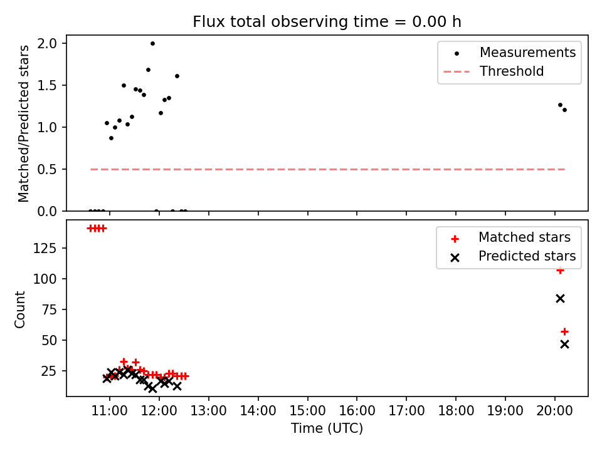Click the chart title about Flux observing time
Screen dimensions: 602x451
[327, 22]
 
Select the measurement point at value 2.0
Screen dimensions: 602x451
[152, 44]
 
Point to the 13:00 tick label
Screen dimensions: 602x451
[208, 411]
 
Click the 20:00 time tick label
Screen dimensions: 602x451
[554, 411]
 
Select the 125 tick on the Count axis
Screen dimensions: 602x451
[45, 249]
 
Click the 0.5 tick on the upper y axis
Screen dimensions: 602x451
[47, 170]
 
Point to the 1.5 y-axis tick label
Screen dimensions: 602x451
[47, 86]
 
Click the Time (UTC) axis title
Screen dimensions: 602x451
[327, 428]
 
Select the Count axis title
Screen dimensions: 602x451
[19, 309]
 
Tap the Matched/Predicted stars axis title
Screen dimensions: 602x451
[23, 123]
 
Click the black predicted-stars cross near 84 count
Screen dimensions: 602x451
[560, 298]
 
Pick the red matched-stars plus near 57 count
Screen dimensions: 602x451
[564, 331]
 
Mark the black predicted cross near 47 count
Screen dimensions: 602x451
[564, 345]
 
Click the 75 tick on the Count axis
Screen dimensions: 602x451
[48, 310]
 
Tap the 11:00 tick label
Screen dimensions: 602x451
[110, 411]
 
